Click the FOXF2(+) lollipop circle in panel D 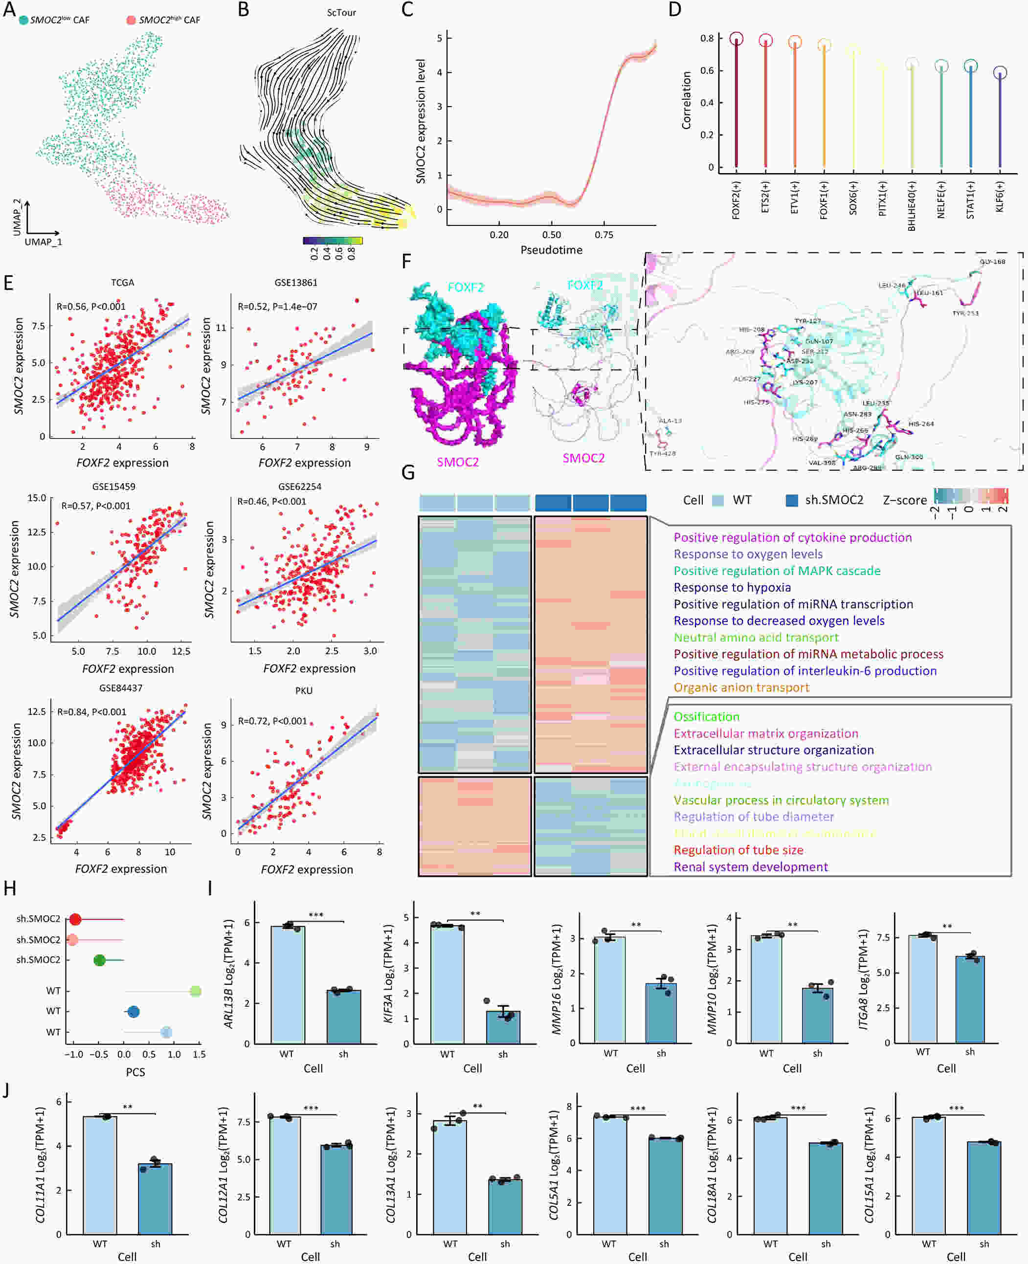click(736, 39)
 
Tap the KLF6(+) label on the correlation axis click(1000, 197)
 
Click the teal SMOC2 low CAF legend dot click(23, 20)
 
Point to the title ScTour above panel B click(342, 12)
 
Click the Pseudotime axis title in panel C click(551, 250)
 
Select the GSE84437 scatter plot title click(121, 688)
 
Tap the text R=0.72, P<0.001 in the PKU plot click(272, 721)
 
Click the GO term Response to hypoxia click(732, 587)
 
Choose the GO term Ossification click(707, 716)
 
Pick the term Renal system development click(750, 867)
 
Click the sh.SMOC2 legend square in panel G click(792, 500)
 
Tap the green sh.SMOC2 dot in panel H click(99, 960)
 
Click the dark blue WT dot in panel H click(133, 1012)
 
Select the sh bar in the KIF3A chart click(503, 1027)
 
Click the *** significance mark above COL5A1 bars click(638, 1109)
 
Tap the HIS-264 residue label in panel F click(921, 424)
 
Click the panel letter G click(408, 472)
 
